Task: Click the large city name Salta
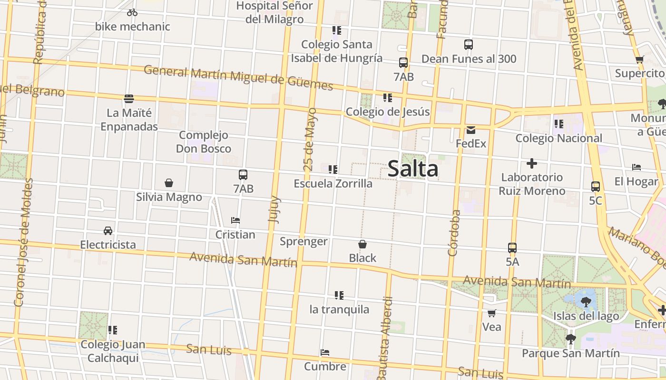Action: click(412, 169)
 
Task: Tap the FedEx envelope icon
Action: click(471, 130)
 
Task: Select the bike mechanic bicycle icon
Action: click(132, 12)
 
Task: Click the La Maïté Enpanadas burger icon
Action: click(129, 99)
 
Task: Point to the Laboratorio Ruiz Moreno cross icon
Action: click(532, 164)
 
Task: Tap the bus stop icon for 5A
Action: click(512, 248)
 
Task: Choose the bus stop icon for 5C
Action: click(595, 187)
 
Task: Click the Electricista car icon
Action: click(108, 231)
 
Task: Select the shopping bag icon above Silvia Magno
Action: click(168, 183)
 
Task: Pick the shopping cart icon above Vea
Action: click(491, 313)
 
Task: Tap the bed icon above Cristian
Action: click(235, 220)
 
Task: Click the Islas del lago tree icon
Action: click(586, 301)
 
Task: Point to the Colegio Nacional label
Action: click(559, 138)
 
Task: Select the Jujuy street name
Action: click(274, 209)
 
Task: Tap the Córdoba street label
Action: click(454, 233)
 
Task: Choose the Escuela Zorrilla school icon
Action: click(333, 169)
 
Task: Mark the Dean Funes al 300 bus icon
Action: click(469, 45)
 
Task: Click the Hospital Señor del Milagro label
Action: click(274, 12)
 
